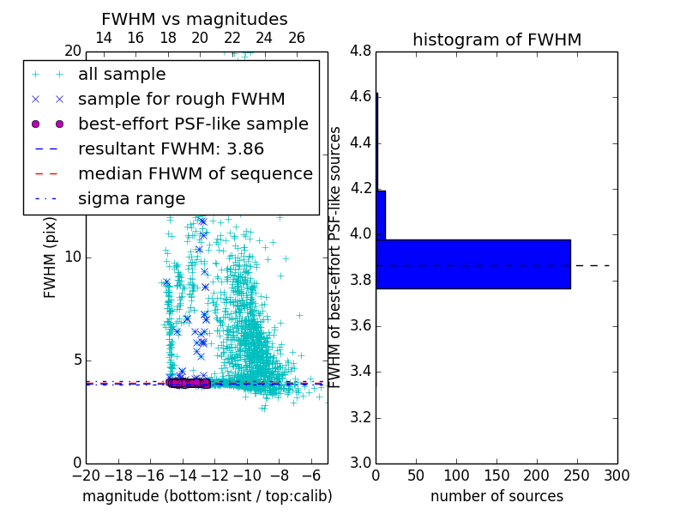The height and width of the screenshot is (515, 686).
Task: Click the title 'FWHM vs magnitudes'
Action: (194, 19)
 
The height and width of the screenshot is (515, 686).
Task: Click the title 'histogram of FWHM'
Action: (496, 39)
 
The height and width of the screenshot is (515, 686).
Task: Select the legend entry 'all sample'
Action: (122, 75)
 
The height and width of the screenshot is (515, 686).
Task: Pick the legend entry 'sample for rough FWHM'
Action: (181, 100)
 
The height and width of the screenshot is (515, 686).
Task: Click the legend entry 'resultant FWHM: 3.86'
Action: (170, 148)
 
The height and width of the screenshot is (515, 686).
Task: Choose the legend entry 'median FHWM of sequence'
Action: (195, 173)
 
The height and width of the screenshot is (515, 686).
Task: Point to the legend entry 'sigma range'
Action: (131, 198)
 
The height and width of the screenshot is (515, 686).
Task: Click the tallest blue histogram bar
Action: (472, 264)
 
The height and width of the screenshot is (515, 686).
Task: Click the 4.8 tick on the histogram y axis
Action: (360, 51)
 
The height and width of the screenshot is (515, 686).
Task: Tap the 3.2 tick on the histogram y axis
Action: (360, 417)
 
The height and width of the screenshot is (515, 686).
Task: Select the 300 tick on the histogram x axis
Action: (617, 475)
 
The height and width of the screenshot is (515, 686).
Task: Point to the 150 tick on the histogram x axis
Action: (496, 475)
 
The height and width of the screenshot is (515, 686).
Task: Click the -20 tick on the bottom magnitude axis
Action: (86, 475)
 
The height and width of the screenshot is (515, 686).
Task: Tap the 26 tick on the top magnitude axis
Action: (297, 38)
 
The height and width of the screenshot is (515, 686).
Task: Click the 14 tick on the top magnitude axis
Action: (103, 38)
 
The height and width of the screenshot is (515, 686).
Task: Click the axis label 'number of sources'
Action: (496, 496)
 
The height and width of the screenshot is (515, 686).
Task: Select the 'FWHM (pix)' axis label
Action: (51, 257)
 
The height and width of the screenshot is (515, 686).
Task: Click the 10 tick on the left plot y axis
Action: (72, 257)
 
